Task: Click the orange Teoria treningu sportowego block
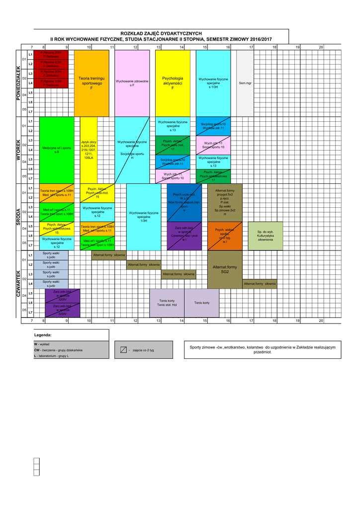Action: point(91,83)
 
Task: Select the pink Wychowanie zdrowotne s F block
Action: point(132,83)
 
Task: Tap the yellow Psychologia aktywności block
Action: point(173,83)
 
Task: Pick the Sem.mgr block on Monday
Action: point(245,83)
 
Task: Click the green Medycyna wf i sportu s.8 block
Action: point(57,150)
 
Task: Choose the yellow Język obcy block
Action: point(89,150)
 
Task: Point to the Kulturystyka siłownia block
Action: point(266,236)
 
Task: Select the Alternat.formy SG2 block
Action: point(225,269)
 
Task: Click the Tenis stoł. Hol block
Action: point(167,303)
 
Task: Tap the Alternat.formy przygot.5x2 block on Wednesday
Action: point(225,203)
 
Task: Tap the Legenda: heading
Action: point(43,335)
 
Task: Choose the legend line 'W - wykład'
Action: point(42,344)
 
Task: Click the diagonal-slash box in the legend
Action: point(123,350)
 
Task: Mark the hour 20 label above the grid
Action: point(321,47)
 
